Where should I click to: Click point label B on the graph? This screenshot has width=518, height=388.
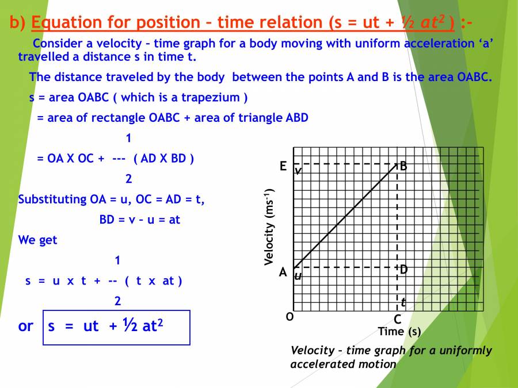coord(403,166)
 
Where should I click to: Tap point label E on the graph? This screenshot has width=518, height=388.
coord(283,166)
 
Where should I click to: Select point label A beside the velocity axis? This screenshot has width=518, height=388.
coord(283,272)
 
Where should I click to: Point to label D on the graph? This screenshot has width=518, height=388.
coord(403,269)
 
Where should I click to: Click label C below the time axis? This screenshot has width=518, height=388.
coord(397,320)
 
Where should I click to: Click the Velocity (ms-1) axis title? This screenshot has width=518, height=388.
coord(269,226)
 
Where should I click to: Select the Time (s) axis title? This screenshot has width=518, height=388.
coord(399,332)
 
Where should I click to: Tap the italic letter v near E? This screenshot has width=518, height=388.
coord(298,171)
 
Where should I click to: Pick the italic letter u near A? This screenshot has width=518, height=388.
coord(298,276)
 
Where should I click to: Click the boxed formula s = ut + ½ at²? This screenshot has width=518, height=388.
coord(116,327)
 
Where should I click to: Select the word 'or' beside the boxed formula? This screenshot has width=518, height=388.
coord(26,326)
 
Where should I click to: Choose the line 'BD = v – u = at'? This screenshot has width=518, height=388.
coord(139,220)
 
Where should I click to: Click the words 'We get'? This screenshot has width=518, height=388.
coord(38,240)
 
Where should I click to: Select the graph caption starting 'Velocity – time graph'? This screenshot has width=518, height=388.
coord(391,357)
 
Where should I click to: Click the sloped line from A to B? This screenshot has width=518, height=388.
coord(345,217)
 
